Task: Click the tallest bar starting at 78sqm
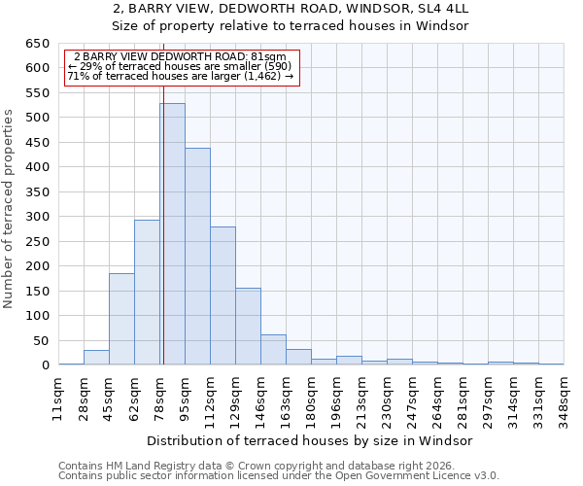coord(172,233)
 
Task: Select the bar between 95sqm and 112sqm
coord(197,257)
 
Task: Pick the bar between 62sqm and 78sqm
coord(147,292)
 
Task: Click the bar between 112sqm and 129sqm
coord(223,295)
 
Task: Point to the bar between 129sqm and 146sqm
coord(248,327)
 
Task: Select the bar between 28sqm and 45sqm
coord(96,358)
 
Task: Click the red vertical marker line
coord(163,194)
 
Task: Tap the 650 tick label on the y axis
coord(37,44)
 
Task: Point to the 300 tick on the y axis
coord(37,217)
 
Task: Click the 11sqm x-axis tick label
coord(58,397)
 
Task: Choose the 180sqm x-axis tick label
coord(311,397)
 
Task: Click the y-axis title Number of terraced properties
coord(10,209)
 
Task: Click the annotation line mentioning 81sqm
coord(180,57)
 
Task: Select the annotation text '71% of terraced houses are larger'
coord(180,76)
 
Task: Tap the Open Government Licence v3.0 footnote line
coord(279,476)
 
